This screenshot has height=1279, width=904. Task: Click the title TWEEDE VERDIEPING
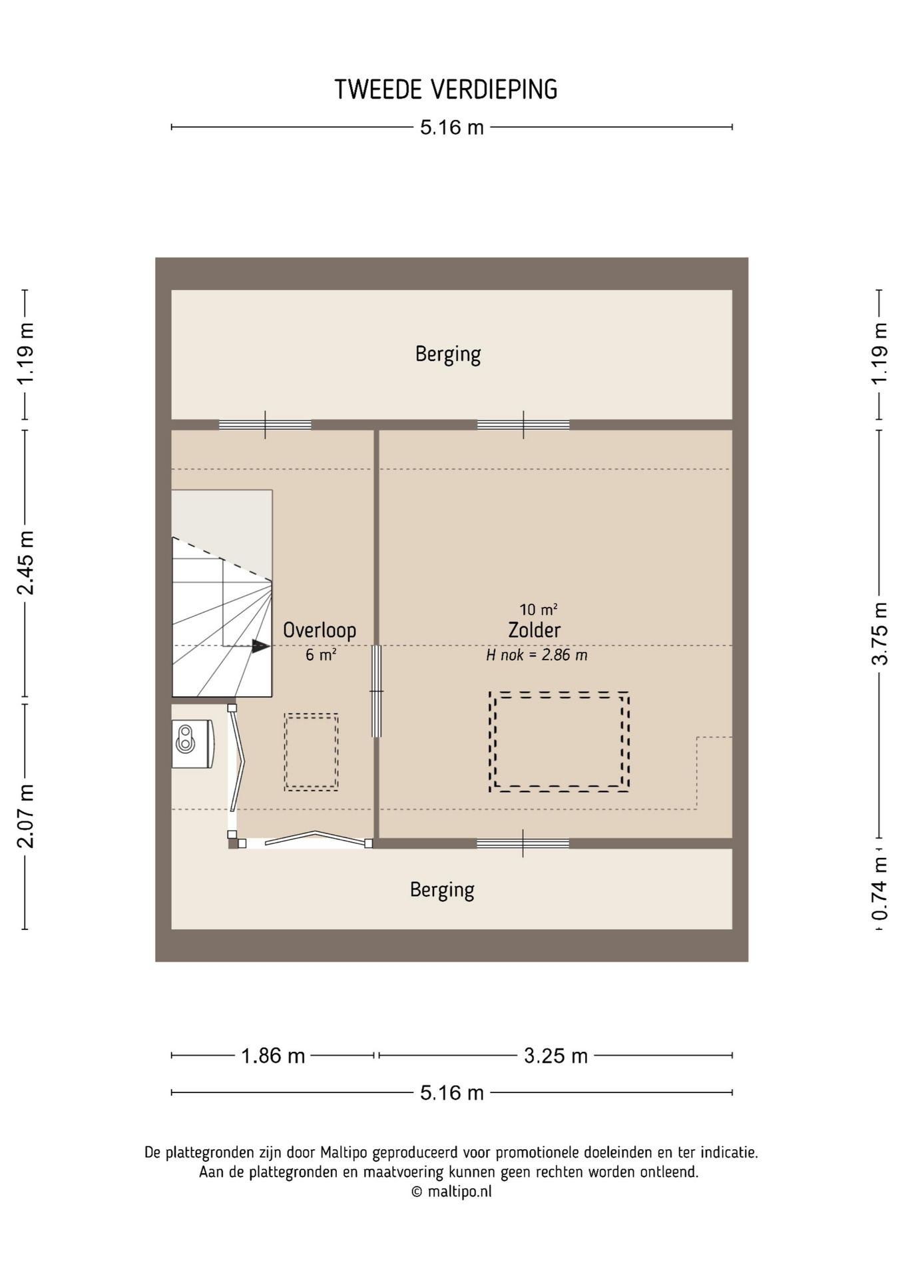click(x=446, y=89)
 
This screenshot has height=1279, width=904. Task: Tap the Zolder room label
click(x=534, y=630)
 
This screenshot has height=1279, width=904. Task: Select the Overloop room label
click(x=320, y=630)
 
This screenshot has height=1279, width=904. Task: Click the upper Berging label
click(x=448, y=354)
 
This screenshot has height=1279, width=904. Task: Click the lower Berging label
click(x=442, y=890)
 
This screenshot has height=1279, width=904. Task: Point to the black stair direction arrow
click(x=260, y=645)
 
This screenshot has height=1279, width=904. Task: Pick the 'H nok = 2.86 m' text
click(x=537, y=655)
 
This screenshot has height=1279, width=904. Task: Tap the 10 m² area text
click(x=539, y=609)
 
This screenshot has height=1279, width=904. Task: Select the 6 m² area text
click(x=321, y=655)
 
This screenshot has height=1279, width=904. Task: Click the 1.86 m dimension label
click(x=273, y=1055)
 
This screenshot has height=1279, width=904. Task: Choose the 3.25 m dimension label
click(x=556, y=1055)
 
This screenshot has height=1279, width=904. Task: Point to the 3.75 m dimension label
click(x=880, y=634)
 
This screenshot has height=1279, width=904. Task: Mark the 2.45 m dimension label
click(x=25, y=563)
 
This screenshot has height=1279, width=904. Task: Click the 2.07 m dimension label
click(x=25, y=816)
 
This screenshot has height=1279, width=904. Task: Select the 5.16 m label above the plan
click(x=452, y=127)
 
